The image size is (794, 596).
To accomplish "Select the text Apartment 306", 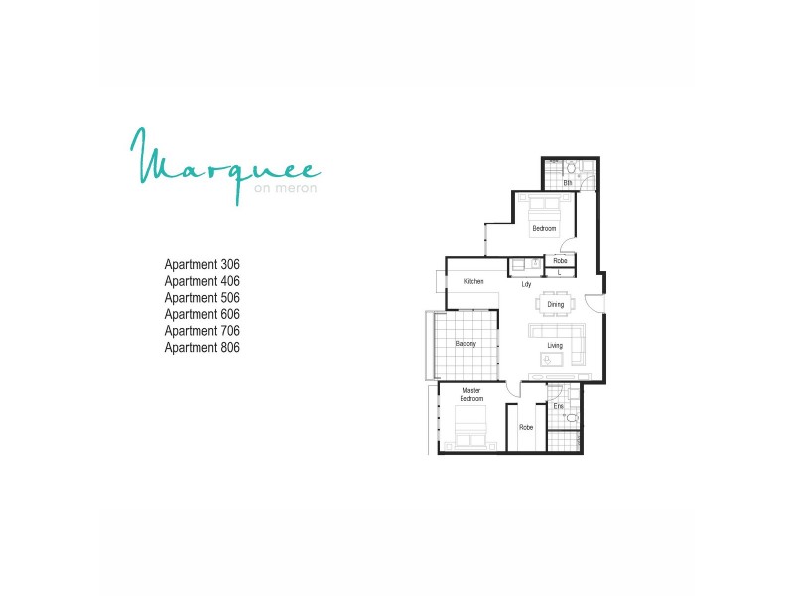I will (202, 265).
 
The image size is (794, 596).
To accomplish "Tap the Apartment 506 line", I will (202, 298).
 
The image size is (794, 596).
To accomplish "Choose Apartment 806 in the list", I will (202, 348).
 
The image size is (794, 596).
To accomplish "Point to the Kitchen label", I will (473, 282).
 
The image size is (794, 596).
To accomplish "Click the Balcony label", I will (465, 344).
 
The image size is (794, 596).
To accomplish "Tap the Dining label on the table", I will (555, 305).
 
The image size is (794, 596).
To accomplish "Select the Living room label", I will (554, 346).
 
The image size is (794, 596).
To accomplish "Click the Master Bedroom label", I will (471, 395).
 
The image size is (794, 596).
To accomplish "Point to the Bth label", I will (568, 183).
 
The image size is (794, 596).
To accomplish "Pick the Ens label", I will (558, 407).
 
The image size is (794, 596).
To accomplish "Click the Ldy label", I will (526, 285).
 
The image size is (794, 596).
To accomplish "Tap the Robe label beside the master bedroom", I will (526, 427).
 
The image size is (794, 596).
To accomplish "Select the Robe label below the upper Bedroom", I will (560, 262).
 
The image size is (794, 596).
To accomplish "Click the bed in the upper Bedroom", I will (544, 211).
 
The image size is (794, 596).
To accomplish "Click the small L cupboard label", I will (560, 272).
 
